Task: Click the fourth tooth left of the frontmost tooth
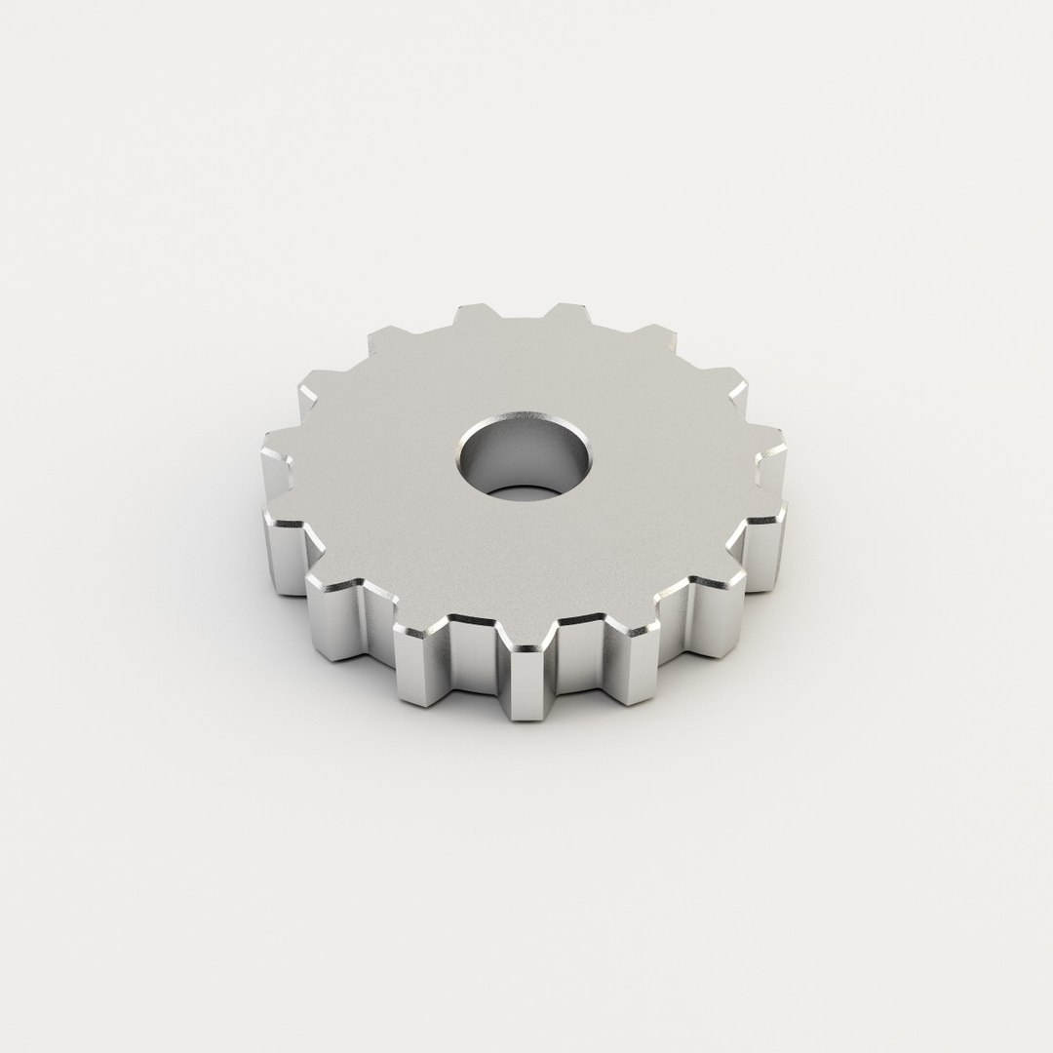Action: coord(283,448)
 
